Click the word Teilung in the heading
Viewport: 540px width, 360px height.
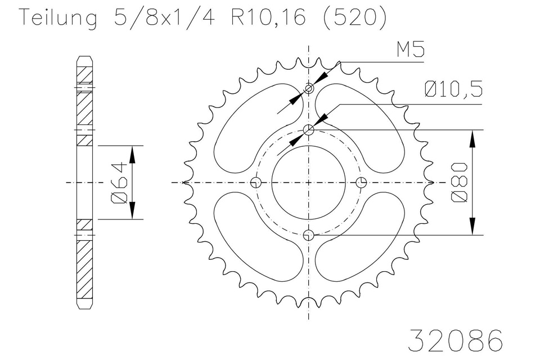58,18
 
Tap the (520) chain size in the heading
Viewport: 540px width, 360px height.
354,17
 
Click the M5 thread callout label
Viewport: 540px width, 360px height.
411,49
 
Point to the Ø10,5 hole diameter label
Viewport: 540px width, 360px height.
453,89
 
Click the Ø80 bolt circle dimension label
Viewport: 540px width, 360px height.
460,182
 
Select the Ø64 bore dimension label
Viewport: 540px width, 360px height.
119,183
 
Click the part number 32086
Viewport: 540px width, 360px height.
455,340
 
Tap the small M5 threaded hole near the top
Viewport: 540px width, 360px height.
309,88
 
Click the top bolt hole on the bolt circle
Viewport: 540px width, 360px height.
309,130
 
